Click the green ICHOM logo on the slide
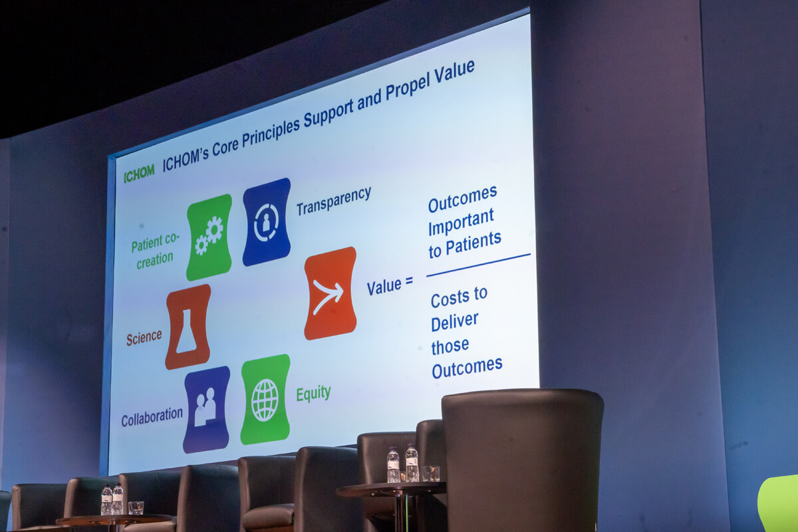point(139,173)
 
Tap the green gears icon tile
point(209,237)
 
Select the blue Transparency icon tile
point(267,221)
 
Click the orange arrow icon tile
point(331,293)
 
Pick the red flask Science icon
point(188,327)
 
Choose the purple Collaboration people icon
point(206,410)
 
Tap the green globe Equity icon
point(265,400)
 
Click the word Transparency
point(334,201)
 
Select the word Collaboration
point(152,416)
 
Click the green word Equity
point(313,394)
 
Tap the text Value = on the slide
point(390,285)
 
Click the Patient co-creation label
point(154,251)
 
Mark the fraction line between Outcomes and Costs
point(478,265)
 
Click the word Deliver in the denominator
point(455,322)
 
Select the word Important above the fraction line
point(461,221)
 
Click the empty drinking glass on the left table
point(136,508)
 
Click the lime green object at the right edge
point(779,503)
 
